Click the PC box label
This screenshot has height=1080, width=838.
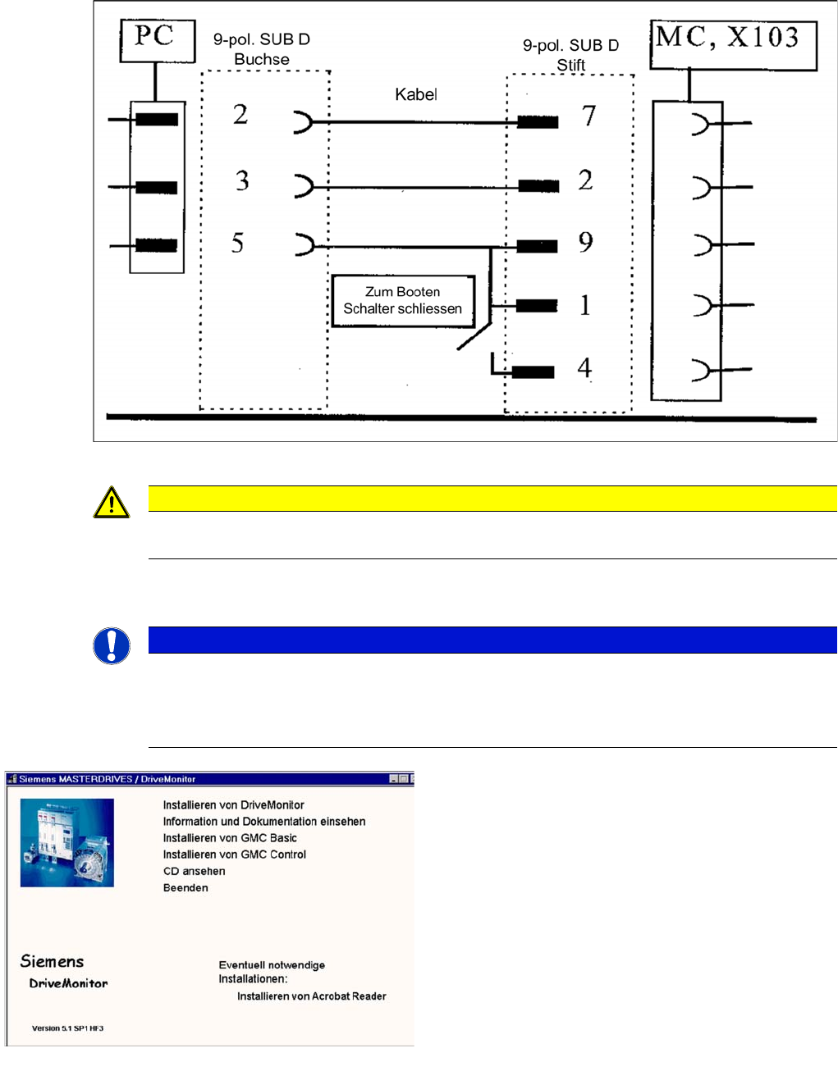coord(155,37)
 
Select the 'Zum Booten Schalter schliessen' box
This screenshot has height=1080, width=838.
coord(402,301)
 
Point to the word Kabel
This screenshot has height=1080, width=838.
coord(415,95)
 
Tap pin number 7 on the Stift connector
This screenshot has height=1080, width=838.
coord(588,116)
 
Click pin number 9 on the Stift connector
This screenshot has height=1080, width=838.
coord(585,243)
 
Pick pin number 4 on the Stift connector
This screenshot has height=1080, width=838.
coord(584,367)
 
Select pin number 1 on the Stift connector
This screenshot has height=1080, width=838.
coord(585,306)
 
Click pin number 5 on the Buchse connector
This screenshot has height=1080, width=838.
coord(238,244)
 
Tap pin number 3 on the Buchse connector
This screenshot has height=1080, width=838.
coord(242,181)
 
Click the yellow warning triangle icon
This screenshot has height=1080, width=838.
coord(112,503)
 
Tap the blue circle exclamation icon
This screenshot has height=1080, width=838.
coord(112,645)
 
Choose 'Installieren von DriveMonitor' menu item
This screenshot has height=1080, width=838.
coord(233,805)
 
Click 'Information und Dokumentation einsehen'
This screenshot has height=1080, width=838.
coord(263,822)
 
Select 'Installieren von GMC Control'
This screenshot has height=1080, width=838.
coord(234,854)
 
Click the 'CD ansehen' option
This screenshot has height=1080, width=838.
coord(194,871)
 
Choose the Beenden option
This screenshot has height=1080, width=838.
coord(185,888)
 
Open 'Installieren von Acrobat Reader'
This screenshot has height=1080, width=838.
coord(311,996)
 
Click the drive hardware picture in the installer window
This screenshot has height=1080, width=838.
coord(67,843)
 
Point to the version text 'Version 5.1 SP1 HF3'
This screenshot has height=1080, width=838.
coord(67,1028)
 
